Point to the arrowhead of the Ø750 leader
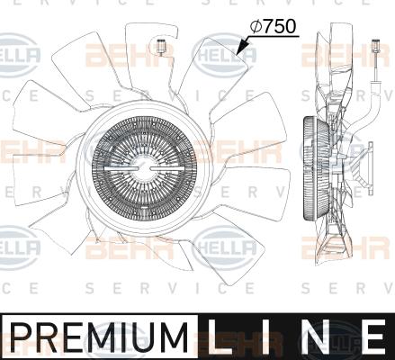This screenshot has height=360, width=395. click(x=238, y=53)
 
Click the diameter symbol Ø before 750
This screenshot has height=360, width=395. click(x=256, y=28)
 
